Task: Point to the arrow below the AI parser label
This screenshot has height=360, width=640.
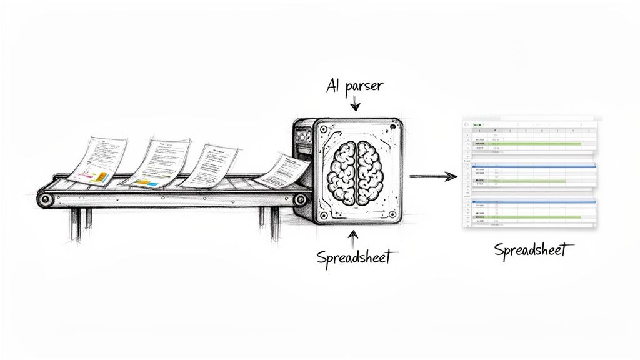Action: [x=354, y=103]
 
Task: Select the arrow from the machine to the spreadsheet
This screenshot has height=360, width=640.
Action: [x=433, y=176]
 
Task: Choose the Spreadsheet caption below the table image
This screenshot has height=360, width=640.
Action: [x=531, y=251]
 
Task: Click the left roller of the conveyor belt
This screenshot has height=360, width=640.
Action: [x=45, y=200]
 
